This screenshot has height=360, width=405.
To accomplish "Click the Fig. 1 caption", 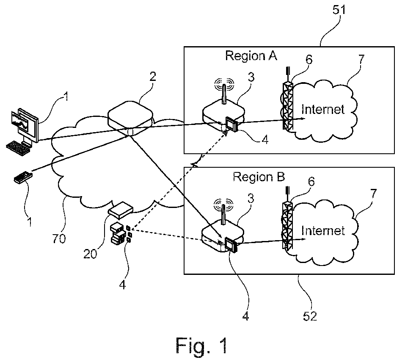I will [x=201, y=345].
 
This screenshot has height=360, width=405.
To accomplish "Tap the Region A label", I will [x=251, y=55].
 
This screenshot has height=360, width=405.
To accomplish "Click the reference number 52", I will [x=311, y=316].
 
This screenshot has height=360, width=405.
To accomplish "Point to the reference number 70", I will [x=59, y=239].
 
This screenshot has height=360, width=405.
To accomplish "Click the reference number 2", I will [x=153, y=77].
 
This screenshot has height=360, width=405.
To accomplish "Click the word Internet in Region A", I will [x=323, y=110].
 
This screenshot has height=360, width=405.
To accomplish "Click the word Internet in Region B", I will [x=323, y=230].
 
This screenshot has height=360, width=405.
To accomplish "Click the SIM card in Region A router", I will [x=231, y=125].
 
